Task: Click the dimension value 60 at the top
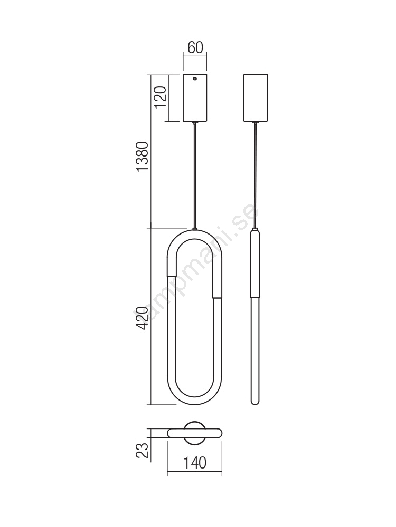(195, 48)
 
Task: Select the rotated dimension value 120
(161, 97)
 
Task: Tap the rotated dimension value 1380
(142, 157)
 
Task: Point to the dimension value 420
(142, 318)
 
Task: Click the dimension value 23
(142, 451)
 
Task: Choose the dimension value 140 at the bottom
(195, 463)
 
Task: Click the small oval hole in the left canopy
(195, 79)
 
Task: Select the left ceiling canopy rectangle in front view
(195, 98)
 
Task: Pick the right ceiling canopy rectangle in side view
(255, 98)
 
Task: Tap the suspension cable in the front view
(195, 175)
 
